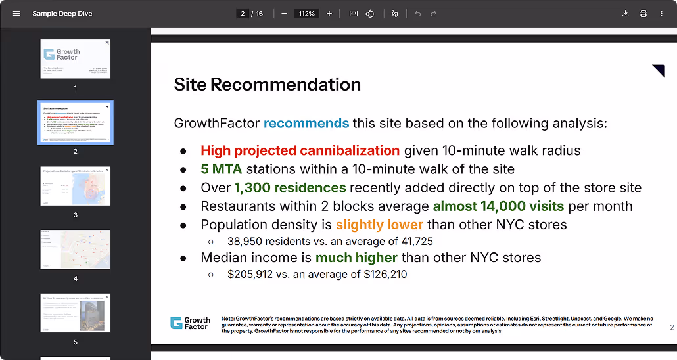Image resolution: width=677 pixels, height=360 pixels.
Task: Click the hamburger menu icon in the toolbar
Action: click(x=16, y=14)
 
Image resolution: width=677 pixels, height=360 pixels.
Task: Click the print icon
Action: click(x=643, y=14)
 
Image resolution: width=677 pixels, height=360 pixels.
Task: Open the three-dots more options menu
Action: click(x=661, y=14)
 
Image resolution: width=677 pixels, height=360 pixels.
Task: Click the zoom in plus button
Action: click(x=329, y=14)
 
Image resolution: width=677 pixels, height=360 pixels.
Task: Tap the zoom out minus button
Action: click(x=284, y=14)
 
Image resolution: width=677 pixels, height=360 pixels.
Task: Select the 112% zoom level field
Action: click(x=306, y=14)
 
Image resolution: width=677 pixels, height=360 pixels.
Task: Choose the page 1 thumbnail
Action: click(x=76, y=59)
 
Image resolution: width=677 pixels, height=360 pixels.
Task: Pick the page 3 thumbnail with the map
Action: click(x=76, y=186)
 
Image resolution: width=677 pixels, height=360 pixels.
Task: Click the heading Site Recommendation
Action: click(x=267, y=85)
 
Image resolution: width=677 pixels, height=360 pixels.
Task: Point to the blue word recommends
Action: click(x=306, y=123)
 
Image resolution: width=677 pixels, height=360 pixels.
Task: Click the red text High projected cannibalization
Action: click(x=300, y=150)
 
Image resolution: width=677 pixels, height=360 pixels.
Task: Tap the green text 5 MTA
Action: click(x=222, y=169)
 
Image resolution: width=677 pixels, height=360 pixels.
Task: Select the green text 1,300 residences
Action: click(x=290, y=187)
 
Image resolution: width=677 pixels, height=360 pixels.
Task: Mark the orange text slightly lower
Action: click(x=379, y=225)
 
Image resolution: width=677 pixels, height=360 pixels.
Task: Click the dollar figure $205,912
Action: click(x=250, y=274)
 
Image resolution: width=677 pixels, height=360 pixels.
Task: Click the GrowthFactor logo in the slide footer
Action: click(x=191, y=323)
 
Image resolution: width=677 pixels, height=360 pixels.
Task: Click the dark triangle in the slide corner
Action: click(x=658, y=70)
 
